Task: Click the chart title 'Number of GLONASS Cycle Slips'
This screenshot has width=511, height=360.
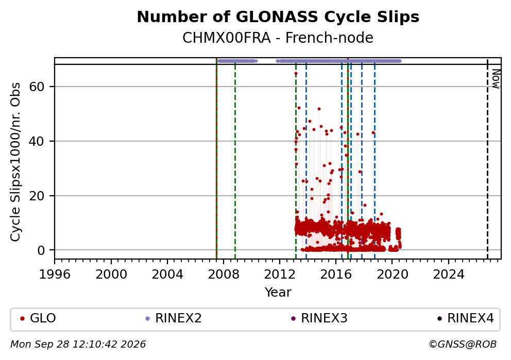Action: coord(278,17)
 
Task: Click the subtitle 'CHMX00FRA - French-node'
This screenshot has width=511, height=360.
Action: coord(278,38)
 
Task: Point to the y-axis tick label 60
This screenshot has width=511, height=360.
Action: coord(37,87)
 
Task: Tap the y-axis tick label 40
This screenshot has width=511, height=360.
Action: coord(37,141)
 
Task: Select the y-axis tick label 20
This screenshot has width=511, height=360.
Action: coord(37,196)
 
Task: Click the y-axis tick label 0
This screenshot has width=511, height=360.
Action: coord(41,250)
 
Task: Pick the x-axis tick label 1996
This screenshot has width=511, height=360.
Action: coord(55,275)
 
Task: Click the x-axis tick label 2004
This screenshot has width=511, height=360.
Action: coord(167,275)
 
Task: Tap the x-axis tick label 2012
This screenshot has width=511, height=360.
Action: coord(280,275)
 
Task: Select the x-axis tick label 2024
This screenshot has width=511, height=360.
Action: coord(449,275)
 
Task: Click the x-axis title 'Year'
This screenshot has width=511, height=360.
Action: coord(278,292)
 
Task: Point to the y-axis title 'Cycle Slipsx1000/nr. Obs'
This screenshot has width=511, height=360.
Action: coord(15,162)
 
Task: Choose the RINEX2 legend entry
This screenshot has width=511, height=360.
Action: coord(174,318)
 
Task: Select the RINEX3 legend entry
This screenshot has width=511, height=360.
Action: coord(319,318)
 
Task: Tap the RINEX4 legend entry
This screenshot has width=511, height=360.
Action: coord(466,318)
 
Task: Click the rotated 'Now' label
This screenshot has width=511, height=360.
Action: coord(496,79)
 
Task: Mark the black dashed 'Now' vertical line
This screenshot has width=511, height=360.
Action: coord(487,159)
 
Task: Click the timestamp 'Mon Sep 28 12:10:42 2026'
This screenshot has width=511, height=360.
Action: coord(78,345)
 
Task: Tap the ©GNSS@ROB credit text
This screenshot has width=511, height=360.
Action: coord(463,345)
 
